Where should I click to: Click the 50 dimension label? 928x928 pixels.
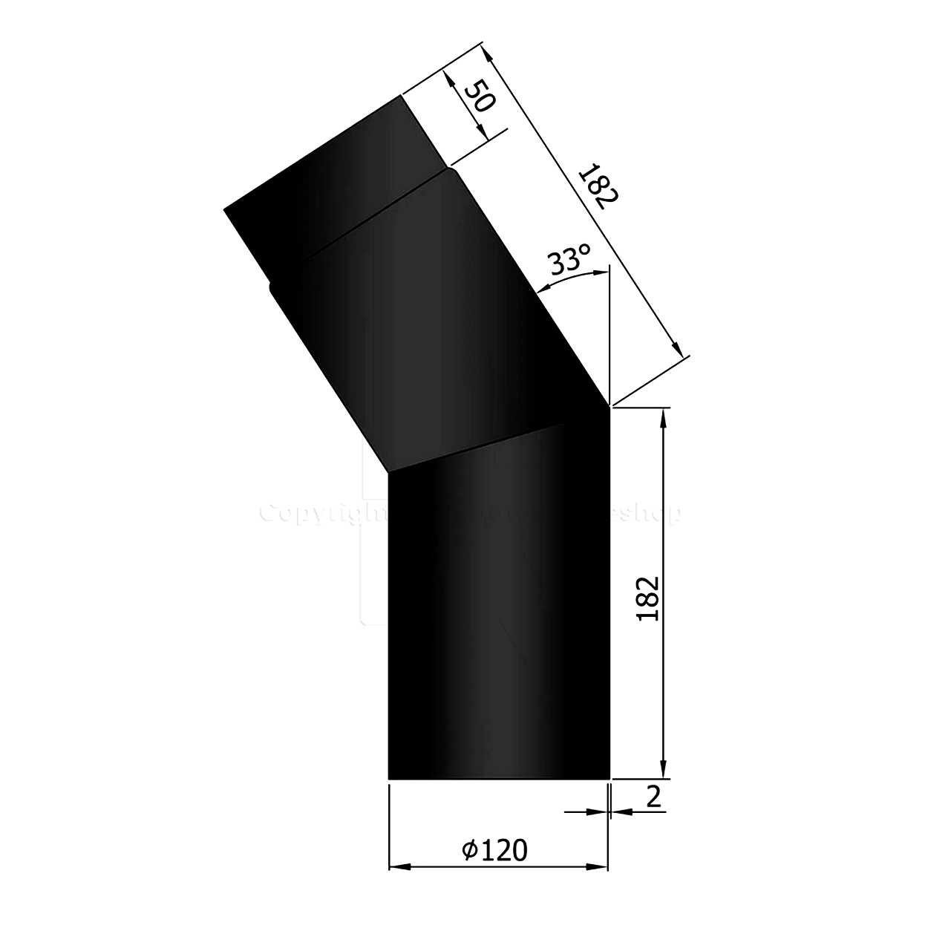point(478,94)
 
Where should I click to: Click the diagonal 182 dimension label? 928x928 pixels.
point(597,186)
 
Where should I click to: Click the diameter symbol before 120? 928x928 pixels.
point(469,849)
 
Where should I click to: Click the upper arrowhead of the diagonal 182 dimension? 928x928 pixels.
point(486,56)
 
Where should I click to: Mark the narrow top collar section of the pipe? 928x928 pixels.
point(334,178)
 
